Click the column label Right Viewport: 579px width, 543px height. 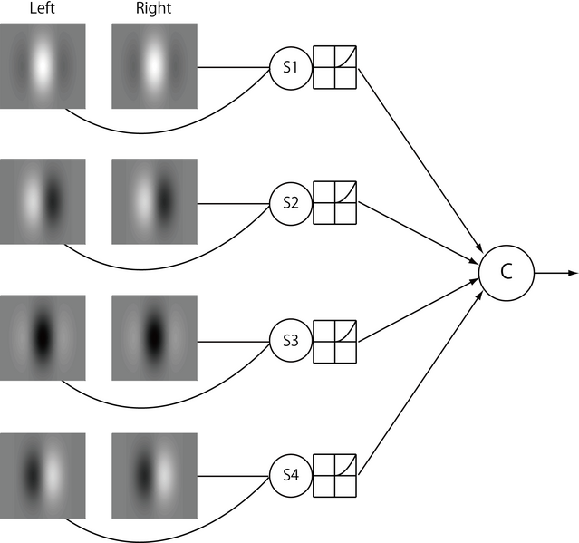click(x=154, y=10)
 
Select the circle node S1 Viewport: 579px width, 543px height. click(x=290, y=67)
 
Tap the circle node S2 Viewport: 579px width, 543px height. click(x=290, y=203)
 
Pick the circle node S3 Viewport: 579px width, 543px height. click(x=290, y=341)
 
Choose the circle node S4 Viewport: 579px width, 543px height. click(x=290, y=475)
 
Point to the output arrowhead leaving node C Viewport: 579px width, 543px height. click(x=572, y=271)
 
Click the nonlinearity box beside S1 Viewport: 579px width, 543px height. click(x=334, y=67)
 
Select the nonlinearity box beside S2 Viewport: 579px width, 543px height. click(x=334, y=203)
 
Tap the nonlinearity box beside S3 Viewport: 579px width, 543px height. click(x=334, y=341)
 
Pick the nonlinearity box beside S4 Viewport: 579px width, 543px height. click(x=334, y=475)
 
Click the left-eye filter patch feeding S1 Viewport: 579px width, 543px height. click(x=43, y=64)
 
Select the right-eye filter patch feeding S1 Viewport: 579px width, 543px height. click(x=154, y=64)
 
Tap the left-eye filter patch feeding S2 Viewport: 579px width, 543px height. click(x=43, y=200)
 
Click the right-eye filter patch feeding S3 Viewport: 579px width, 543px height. click(x=154, y=337)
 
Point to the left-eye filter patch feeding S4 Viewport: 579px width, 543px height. click(x=43, y=473)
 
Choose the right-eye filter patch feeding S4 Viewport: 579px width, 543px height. click(x=154, y=473)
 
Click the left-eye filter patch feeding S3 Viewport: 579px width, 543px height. click(x=43, y=337)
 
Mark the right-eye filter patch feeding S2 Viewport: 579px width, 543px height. click(x=154, y=200)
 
